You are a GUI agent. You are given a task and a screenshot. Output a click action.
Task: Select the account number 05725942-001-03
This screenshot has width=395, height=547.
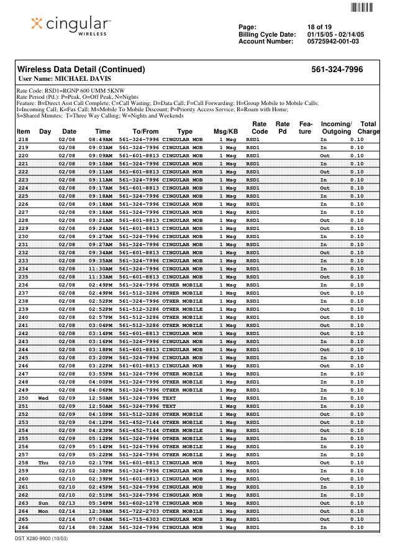pyautogui.click(x=333, y=42)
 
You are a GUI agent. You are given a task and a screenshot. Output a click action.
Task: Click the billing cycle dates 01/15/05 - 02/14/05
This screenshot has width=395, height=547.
pyautogui.click(x=335, y=35)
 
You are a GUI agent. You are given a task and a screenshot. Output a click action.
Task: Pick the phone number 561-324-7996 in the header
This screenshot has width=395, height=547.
pyautogui.click(x=337, y=70)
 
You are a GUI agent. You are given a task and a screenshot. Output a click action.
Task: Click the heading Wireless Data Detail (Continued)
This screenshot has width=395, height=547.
pyautogui.click(x=81, y=70)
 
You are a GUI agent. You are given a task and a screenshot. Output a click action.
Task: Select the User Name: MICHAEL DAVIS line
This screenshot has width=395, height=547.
pyautogui.click(x=65, y=79)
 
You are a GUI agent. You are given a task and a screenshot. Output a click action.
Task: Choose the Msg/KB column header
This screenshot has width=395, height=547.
pyautogui.click(x=225, y=132)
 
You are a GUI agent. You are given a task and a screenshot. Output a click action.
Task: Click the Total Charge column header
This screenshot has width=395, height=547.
pyautogui.click(x=368, y=128)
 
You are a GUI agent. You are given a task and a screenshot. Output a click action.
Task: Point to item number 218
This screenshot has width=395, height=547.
pyautogui.click(x=23, y=140)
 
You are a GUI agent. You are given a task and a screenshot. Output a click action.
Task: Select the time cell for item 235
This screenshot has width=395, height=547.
pyautogui.click(x=101, y=277)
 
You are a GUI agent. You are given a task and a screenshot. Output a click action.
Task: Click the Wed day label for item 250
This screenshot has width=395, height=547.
pyautogui.click(x=43, y=398)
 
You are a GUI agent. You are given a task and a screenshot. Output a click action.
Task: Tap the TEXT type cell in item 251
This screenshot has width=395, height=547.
pyautogui.click(x=169, y=406)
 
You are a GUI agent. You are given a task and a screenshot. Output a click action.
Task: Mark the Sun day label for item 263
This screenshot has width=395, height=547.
pyautogui.click(x=43, y=503)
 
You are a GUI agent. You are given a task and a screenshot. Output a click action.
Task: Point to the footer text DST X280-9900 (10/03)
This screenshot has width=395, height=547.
pyautogui.click(x=42, y=538)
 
